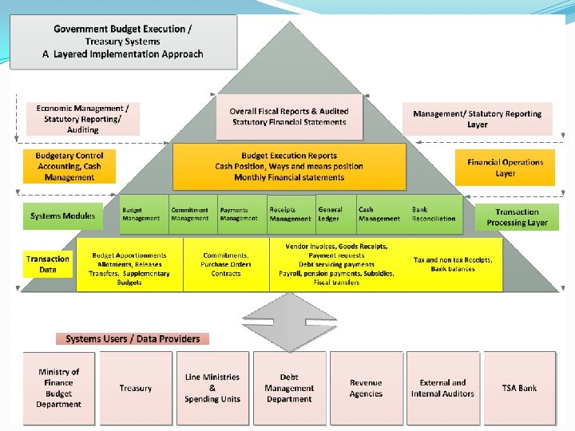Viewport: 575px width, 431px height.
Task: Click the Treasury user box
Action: click(x=136, y=388)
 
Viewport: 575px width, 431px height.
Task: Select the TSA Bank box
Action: click(x=519, y=388)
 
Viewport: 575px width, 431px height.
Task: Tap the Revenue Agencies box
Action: click(x=366, y=388)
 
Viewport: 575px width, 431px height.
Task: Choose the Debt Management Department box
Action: click(x=289, y=388)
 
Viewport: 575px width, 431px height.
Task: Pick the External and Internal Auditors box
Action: click(x=442, y=388)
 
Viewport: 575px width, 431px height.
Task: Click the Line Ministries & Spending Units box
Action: click(x=212, y=388)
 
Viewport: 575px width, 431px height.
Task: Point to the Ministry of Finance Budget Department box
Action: click(x=58, y=388)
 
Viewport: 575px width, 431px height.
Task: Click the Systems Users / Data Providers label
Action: click(x=133, y=338)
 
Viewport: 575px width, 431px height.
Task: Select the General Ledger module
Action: click(x=330, y=214)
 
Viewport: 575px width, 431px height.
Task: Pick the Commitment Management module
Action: click(x=189, y=214)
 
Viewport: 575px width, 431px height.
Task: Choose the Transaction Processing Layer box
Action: click(x=517, y=217)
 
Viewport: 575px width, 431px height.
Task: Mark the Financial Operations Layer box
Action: click(x=505, y=168)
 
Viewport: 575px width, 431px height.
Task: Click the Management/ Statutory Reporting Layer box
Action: click(x=477, y=119)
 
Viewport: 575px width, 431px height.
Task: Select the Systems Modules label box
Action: click(x=62, y=215)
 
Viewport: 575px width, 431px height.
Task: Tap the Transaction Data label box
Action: click(x=48, y=264)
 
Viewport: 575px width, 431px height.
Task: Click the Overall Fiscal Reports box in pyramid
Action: click(x=289, y=117)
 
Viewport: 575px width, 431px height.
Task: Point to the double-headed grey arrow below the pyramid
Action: click(x=290, y=323)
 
